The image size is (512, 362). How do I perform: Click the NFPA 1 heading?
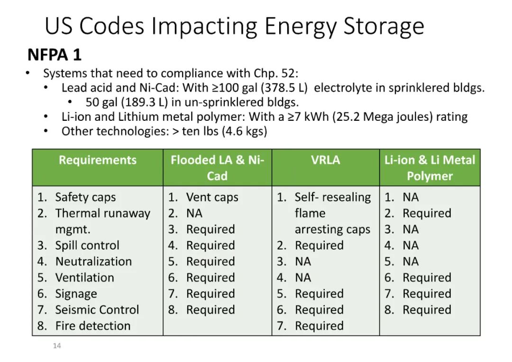[x=55, y=54]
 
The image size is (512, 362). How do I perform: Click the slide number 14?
[x=57, y=346]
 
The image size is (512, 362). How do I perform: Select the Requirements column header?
[x=98, y=160]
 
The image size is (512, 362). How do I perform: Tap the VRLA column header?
[x=326, y=160]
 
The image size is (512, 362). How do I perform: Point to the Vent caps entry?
[x=212, y=197]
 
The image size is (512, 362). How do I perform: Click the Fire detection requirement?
[x=93, y=326]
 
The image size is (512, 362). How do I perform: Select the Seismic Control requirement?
[x=97, y=310]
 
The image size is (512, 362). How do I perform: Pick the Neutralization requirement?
[x=93, y=262]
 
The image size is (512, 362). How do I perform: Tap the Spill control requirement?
[x=87, y=245]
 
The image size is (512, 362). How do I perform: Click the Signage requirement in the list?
[x=76, y=294]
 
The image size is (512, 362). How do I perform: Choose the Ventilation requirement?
[x=84, y=278]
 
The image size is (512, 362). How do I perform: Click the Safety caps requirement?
[x=85, y=197]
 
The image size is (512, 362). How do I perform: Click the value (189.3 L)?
[x=144, y=102]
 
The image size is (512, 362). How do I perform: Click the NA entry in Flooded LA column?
[x=194, y=213]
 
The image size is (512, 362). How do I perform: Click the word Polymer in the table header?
[x=430, y=176]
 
